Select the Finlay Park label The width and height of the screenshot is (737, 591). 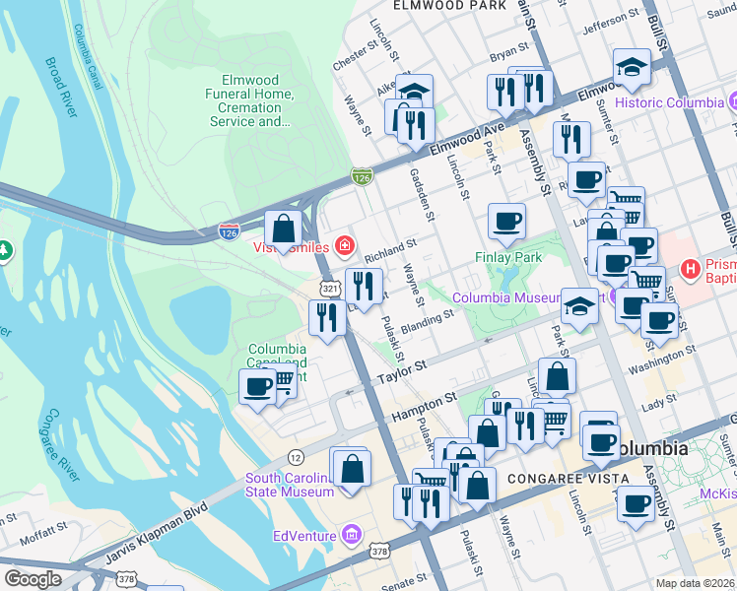click(509, 257)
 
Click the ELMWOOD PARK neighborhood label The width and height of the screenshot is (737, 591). click(435, 5)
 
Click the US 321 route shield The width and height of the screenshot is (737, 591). click(328, 287)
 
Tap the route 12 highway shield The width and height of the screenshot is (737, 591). click(296, 456)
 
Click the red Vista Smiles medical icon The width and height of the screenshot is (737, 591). click(345, 245)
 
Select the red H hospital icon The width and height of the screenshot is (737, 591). click(691, 268)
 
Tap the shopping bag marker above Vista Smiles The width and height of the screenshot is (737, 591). click(284, 229)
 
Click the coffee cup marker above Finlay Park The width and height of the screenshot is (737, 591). click(506, 221)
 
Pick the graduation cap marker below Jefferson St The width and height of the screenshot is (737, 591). click(632, 67)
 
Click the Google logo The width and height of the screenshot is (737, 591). click(33, 578)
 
